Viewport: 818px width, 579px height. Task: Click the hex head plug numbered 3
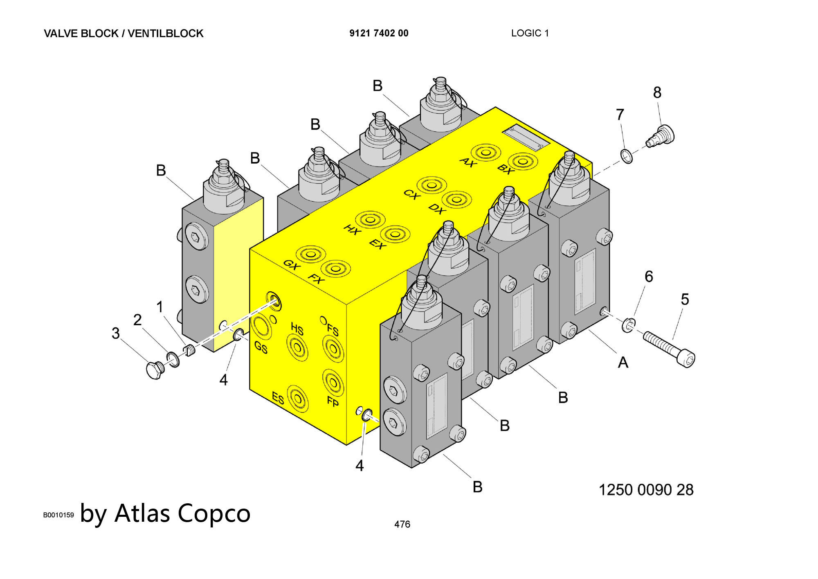[155, 370]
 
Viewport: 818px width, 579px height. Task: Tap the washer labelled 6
[629, 325]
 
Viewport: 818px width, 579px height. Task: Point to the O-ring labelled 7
[626, 156]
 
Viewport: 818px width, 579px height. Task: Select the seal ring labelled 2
[173, 359]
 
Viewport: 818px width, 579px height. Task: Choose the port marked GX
[311, 255]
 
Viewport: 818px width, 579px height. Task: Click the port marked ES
[298, 398]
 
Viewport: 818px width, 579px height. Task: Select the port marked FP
[333, 382]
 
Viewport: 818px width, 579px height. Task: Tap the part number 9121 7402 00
[379, 34]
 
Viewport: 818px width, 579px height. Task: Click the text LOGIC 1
[530, 34]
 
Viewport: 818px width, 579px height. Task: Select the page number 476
[402, 524]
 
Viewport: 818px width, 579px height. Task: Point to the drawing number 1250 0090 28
[646, 490]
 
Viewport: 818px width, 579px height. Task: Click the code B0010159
[58, 515]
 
